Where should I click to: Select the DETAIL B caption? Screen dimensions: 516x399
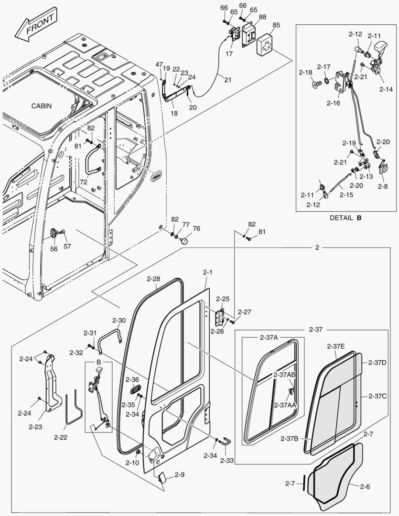point(345,217)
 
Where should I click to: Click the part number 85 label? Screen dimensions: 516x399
point(276,25)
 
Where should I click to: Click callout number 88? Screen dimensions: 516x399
point(262,17)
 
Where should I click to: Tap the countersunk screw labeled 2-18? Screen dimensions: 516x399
point(316,85)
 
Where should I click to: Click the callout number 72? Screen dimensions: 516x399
point(84,183)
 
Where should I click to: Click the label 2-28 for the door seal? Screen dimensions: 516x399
point(153,279)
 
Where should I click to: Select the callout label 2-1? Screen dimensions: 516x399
point(207,272)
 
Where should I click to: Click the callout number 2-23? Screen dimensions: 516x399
point(35,426)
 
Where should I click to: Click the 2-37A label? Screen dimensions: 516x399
point(269,337)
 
